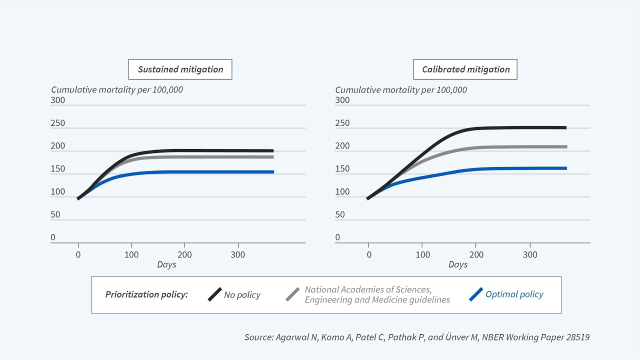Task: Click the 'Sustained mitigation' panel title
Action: (x=180, y=69)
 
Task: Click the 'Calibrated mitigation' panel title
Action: (x=465, y=69)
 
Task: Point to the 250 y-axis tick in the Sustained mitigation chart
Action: (x=58, y=123)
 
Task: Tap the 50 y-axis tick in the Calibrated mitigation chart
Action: (x=340, y=214)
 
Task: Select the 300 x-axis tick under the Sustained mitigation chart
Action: (x=237, y=254)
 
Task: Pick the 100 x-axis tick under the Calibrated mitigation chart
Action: (x=422, y=254)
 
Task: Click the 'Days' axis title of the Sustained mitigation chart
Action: (x=166, y=264)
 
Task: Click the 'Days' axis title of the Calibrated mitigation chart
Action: (x=458, y=264)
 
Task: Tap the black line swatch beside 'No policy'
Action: (x=215, y=294)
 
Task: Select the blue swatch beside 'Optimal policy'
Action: (x=476, y=294)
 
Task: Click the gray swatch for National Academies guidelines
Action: (x=292, y=294)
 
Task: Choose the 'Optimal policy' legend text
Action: (x=514, y=294)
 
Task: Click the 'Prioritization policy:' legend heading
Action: (x=146, y=294)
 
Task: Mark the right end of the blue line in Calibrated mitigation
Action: (x=566, y=168)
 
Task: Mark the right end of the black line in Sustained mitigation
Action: (x=272, y=150)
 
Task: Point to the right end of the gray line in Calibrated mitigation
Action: (x=566, y=147)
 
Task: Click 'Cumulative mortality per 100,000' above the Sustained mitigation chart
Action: (x=117, y=90)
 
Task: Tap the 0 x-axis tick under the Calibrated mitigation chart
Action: (x=369, y=254)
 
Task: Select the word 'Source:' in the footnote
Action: (x=258, y=337)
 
